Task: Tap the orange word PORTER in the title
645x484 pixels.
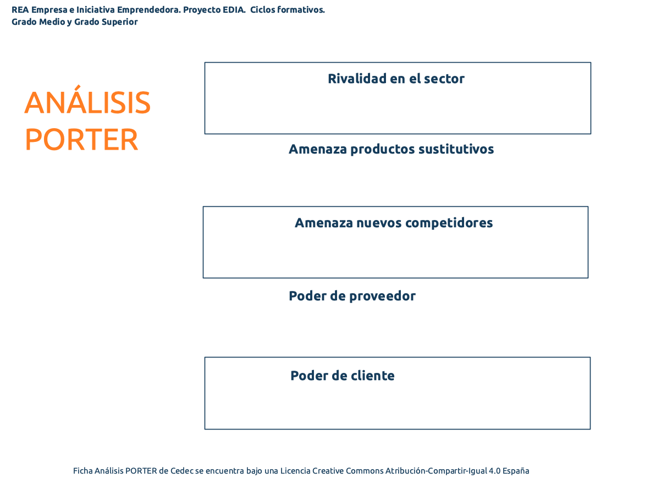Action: point(81,140)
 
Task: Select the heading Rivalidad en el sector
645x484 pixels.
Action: point(396,79)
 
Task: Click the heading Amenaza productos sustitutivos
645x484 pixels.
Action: point(391,149)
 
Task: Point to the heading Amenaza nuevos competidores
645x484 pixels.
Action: point(394,223)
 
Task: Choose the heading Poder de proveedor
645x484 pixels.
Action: point(352,296)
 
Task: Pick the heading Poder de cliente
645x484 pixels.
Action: point(342,375)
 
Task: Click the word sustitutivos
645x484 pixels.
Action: point(456,149)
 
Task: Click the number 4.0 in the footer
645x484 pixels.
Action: point(494,471)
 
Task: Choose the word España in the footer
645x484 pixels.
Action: point(516,471)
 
